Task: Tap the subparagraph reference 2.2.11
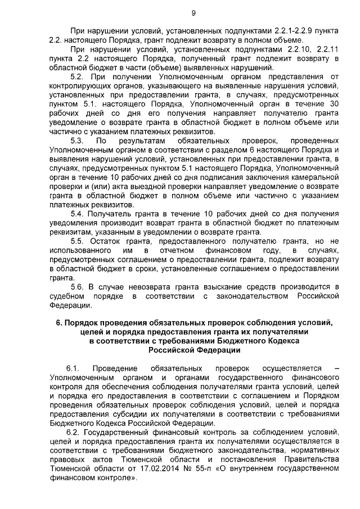pyautogui.click(x=326, y=50)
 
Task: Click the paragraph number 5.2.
pyautogui.click(x=78, y=76)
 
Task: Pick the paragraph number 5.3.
pyautogui.click(x=78, y=140)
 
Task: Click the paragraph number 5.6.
pyautogui.click(x=78, y=286)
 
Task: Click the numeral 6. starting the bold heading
pyautogui.click(x=58, y=323)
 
